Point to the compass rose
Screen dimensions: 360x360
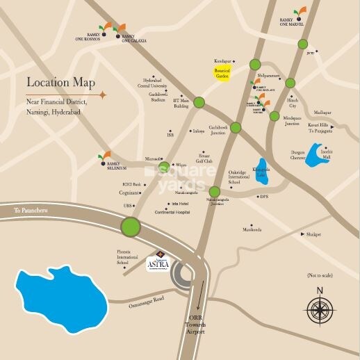320,306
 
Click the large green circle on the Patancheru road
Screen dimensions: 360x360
130,227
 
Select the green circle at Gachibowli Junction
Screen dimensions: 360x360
236,127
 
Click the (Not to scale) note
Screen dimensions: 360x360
320,276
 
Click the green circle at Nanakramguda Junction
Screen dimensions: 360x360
214,193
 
